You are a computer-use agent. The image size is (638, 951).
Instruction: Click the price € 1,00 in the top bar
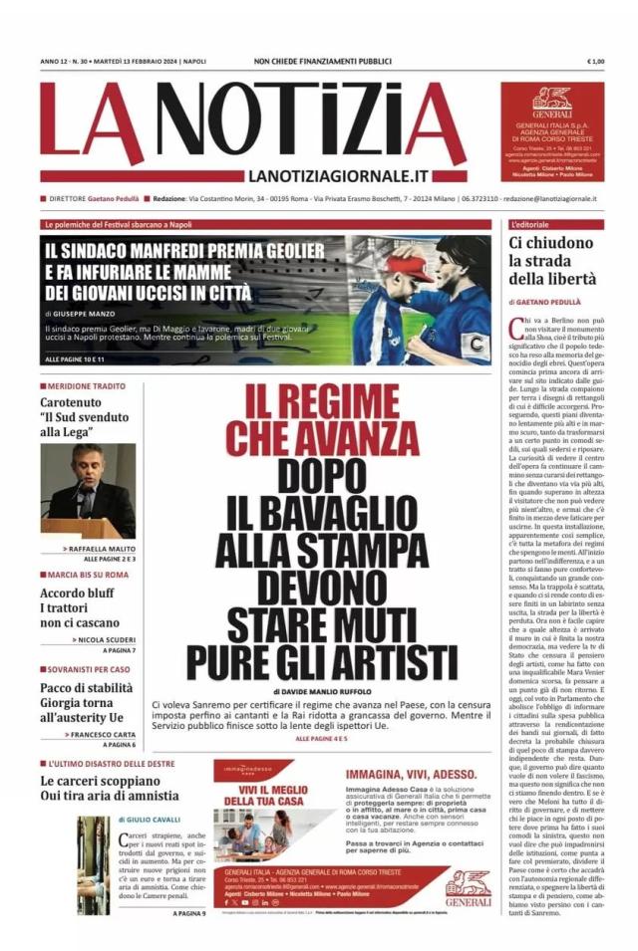click(x=596, y=62)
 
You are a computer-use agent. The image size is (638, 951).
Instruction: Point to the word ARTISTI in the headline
click(x=396, y=659)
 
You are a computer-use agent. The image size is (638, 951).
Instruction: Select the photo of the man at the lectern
click(x=88, y=491)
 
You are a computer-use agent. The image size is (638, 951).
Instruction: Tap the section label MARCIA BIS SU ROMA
click(x=87, y=575)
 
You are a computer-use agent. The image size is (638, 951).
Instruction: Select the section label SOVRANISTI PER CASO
click(x=89, y=668)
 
